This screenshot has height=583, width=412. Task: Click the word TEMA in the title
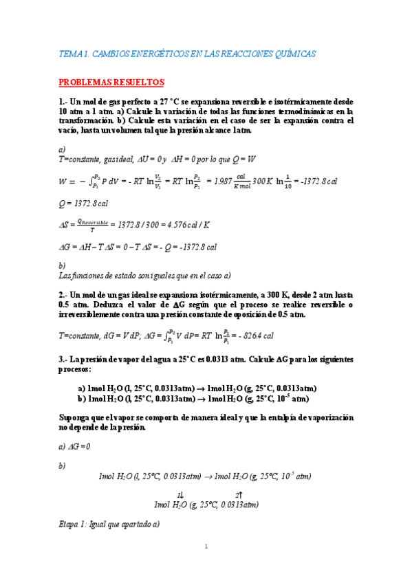(70, 54)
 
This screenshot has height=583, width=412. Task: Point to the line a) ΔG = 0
(75, 446)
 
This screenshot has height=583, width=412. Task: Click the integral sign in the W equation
(89, 181)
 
